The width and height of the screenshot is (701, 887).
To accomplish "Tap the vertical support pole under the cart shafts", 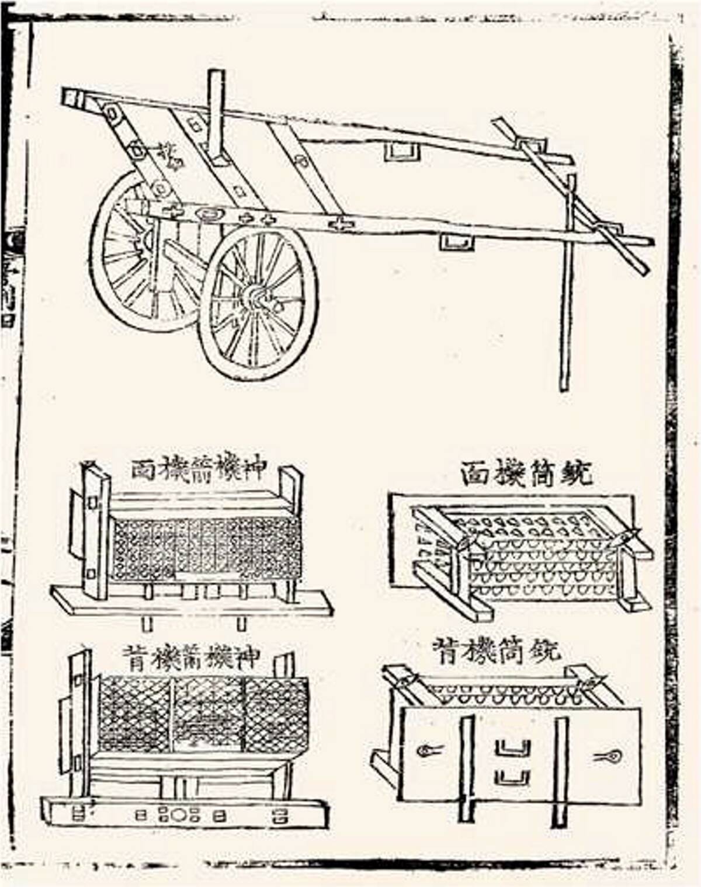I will pos(565,292).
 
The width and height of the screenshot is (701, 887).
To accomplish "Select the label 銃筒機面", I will pos(526,474).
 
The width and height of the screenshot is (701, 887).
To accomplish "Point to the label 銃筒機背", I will pos(497,650).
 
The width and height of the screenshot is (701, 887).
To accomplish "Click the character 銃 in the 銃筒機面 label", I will pos(575,474).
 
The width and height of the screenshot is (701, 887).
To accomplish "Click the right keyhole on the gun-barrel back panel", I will pos(609,757).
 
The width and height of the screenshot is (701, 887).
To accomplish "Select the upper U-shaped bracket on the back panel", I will pos(513,748).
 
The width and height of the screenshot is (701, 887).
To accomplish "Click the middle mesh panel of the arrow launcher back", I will pos(209,715).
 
